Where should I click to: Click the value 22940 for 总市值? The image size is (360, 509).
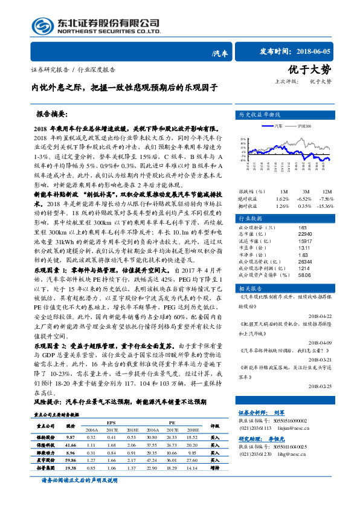(306, 233)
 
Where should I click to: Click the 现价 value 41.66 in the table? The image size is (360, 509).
(69, 444)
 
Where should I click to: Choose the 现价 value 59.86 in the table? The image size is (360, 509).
(69, 459)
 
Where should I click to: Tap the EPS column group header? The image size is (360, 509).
(111, 421)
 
